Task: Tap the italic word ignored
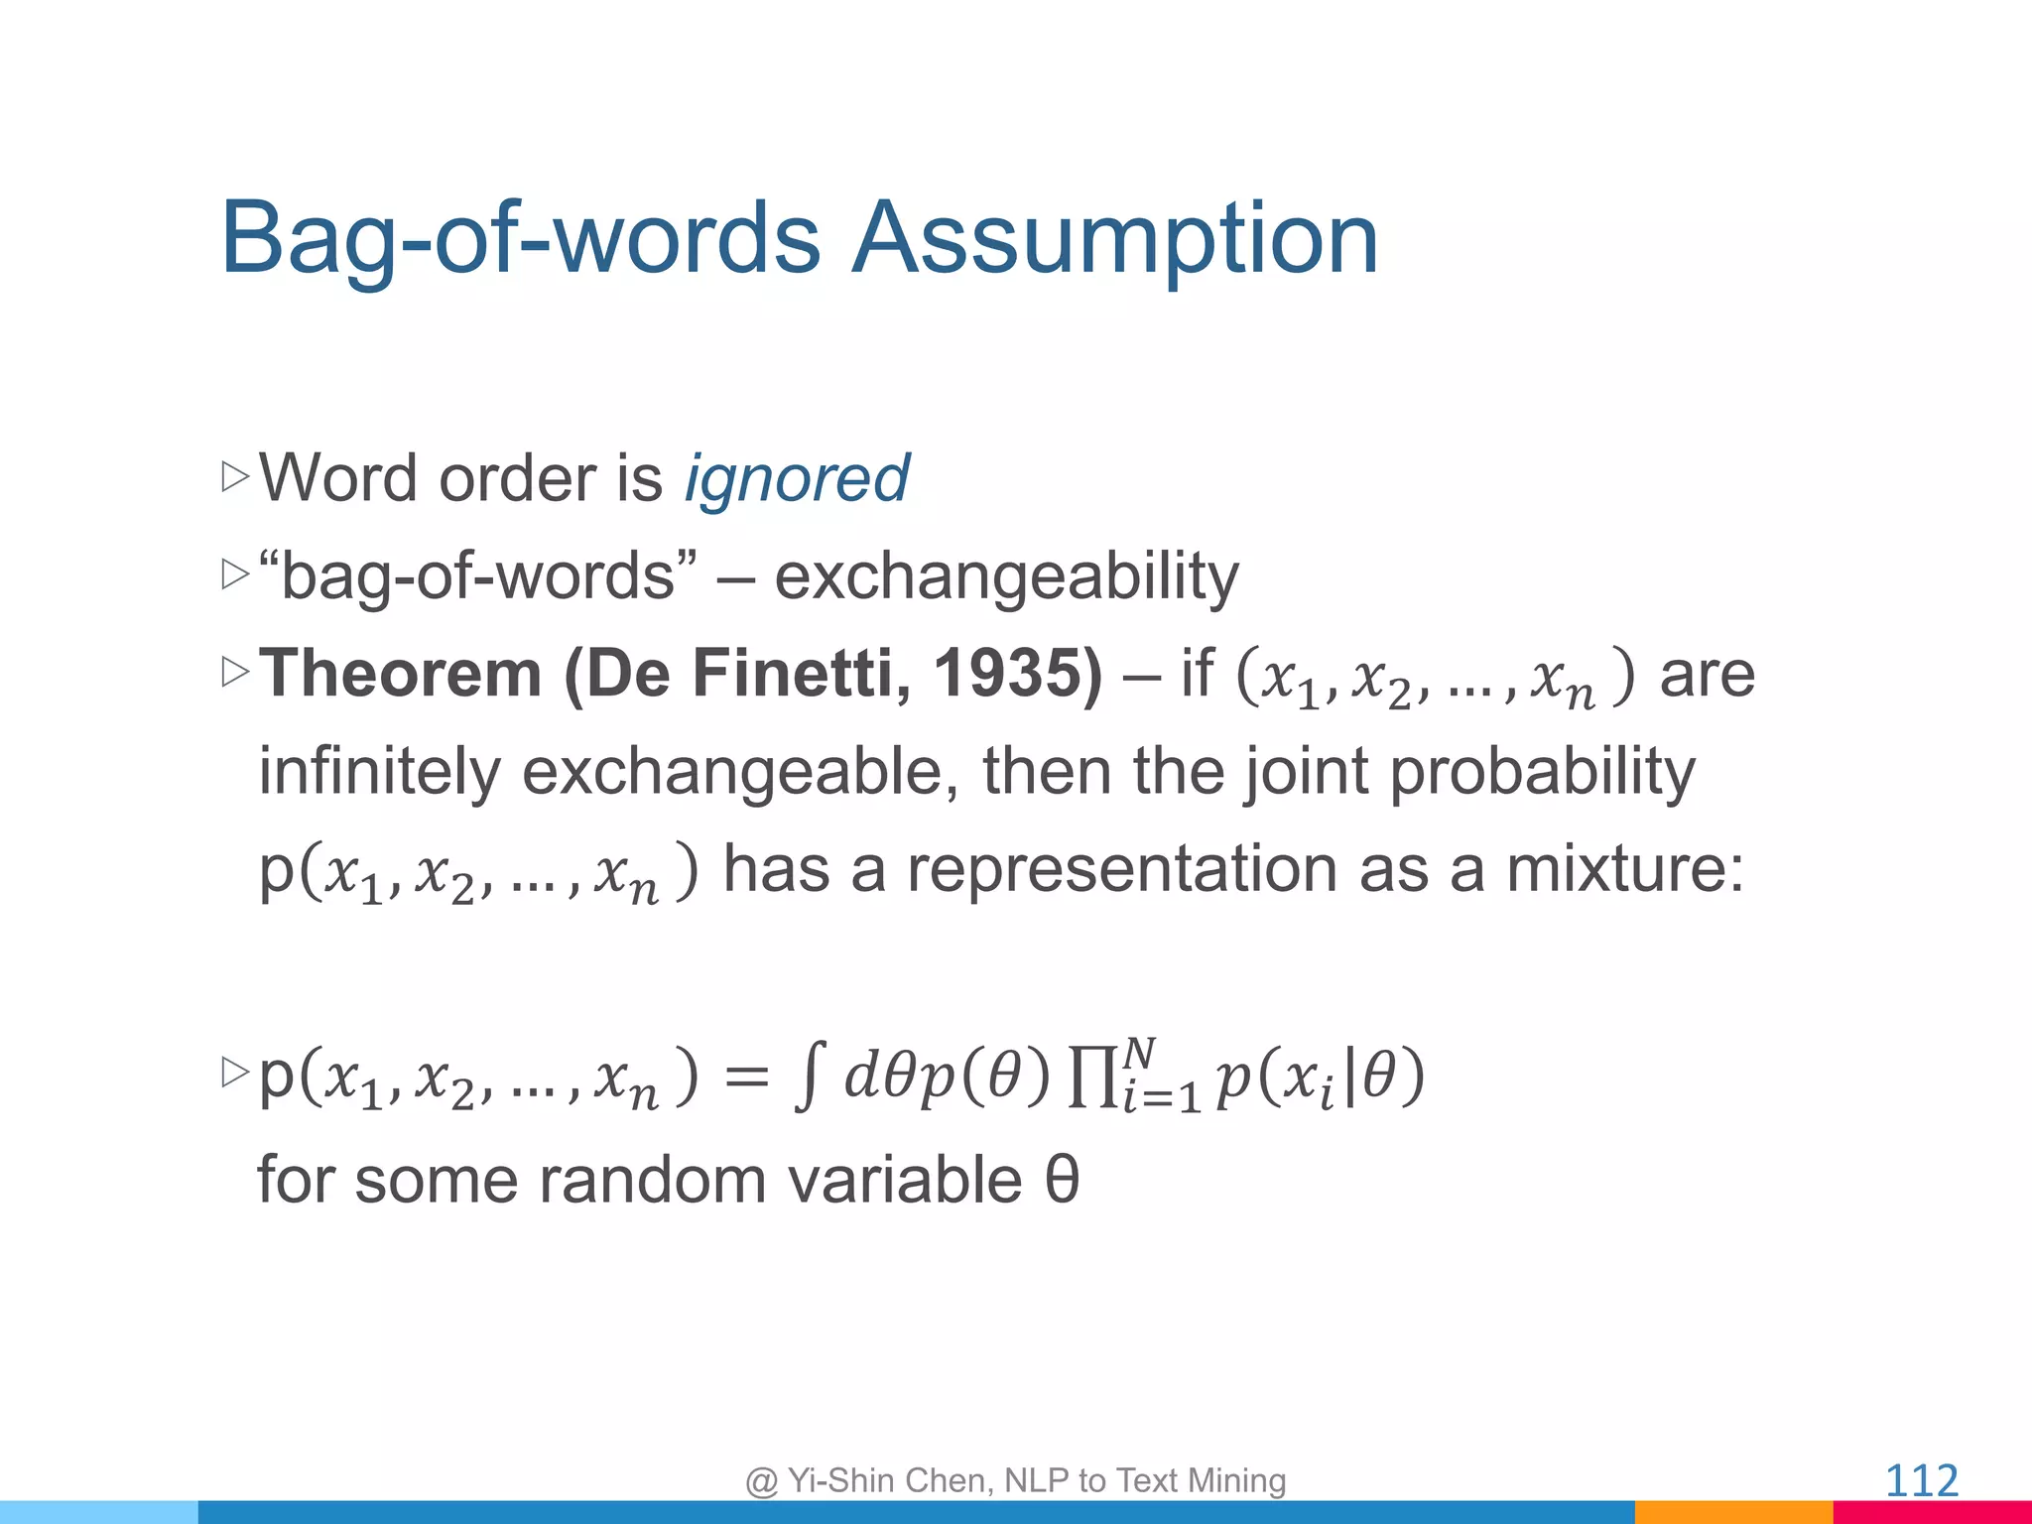796,479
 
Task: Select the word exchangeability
1006,576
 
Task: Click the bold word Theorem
400,674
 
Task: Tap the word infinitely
379,772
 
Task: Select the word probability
1542,772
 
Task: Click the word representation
1121,869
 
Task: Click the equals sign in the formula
746,1078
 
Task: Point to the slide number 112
1921,1481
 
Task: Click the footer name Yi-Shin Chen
889,1480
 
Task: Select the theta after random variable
1062,1180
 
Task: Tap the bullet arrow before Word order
235,477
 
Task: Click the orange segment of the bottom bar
1732,1512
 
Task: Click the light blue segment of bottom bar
99,1512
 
